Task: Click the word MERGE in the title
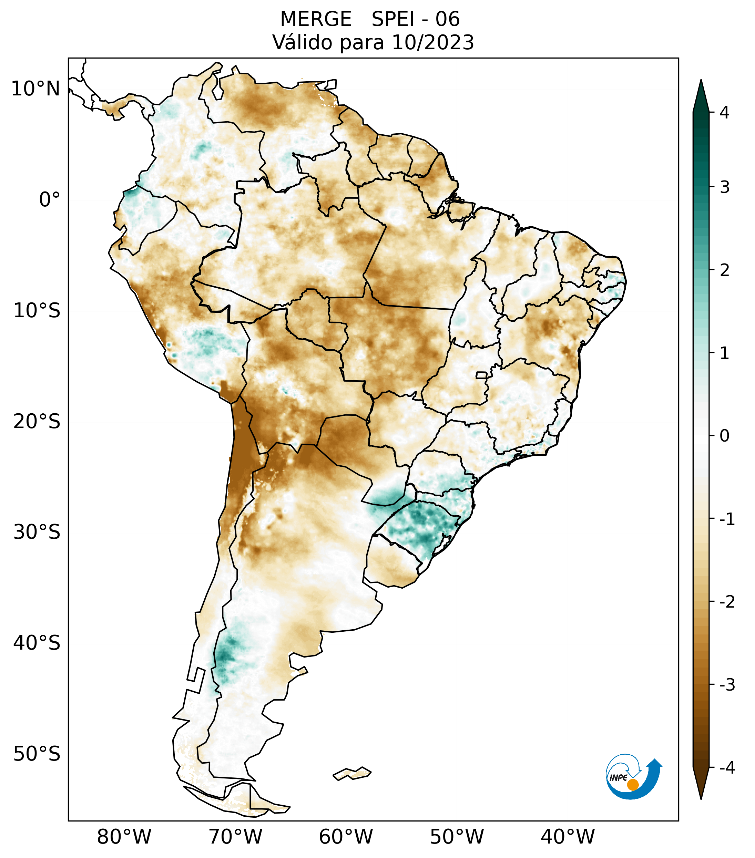tap(315, 19)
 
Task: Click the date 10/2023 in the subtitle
tap(432, 42)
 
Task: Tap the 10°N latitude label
tap(36, 89)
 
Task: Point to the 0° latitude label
tap(50, 200)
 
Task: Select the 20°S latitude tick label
tap(37, 422)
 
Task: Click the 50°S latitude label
tap(37, 754)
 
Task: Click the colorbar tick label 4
tap(724, 113)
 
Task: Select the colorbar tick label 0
tap(724, 436)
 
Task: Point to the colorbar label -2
tap(727, 602)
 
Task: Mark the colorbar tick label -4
tap(727, 768)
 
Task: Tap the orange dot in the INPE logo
tap(632, 785)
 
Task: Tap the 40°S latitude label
tap(37, 643)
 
